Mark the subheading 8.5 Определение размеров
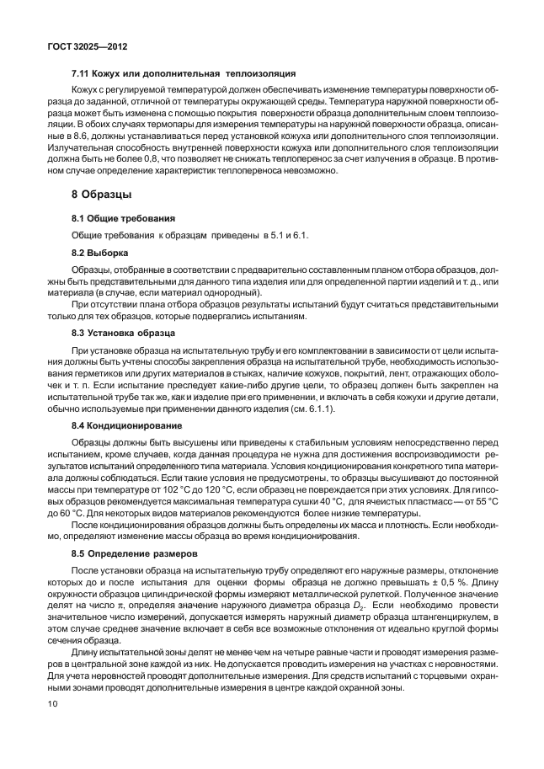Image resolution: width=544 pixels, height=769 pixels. [134, 553]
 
